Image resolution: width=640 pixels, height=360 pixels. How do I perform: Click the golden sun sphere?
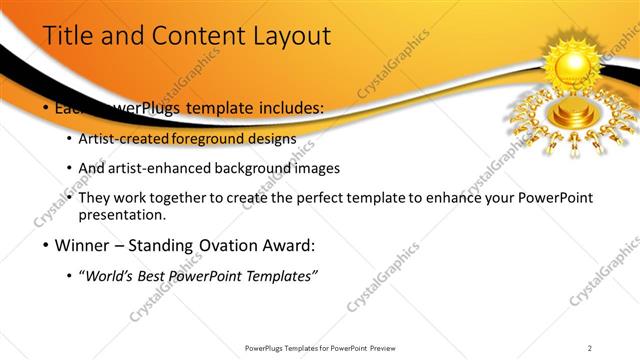point(574,67)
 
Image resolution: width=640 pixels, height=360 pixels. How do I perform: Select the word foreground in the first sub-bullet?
point(218,138)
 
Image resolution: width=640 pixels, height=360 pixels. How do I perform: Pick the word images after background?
point(317,168)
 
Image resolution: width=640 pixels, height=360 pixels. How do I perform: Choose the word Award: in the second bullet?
point(287,245)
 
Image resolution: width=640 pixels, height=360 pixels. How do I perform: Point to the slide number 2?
point(590,348)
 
